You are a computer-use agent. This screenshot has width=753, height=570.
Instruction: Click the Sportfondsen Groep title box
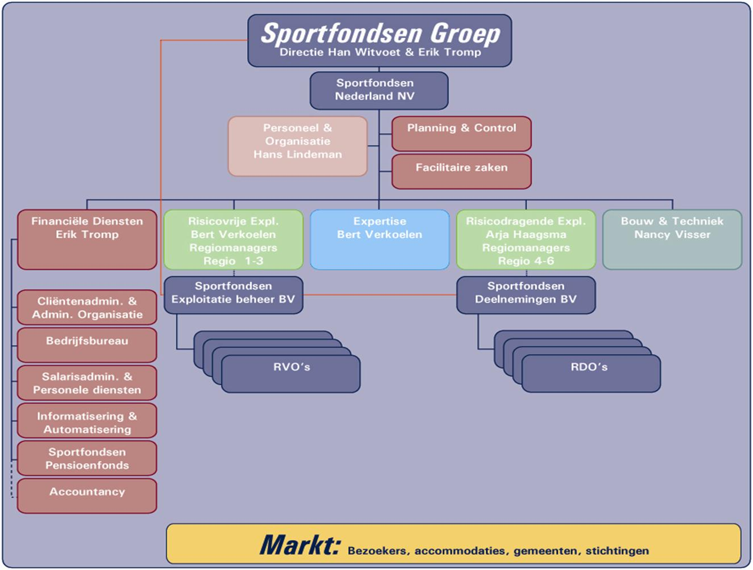point(380,40)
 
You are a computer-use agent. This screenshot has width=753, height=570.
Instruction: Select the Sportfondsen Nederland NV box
point(378,90)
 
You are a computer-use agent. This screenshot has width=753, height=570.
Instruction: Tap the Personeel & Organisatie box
point(298,146)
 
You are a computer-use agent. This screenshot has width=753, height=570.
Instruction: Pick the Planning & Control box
point(461,133)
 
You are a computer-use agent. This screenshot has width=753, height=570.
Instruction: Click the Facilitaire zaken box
point(461,171)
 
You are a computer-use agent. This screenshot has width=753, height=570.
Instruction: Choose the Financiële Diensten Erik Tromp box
point(87,239)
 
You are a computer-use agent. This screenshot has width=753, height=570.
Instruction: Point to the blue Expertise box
point(380,239)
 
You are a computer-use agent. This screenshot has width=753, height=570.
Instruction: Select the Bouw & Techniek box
point(672,239)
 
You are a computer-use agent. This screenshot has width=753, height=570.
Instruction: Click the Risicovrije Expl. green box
point(234,239)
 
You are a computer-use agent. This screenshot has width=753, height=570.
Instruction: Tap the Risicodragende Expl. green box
point(526,239)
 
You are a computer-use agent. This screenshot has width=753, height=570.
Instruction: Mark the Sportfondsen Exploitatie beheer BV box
point(234,295)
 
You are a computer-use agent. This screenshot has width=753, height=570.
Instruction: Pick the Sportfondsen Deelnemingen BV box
point(526,295)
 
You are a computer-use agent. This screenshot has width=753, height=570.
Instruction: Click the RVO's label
point(292,367)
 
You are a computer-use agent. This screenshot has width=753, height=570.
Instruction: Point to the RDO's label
point(589,367)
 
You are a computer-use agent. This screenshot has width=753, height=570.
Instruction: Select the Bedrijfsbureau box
point(87,345)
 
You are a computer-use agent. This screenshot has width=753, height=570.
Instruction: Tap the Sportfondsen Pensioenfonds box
point(87,458)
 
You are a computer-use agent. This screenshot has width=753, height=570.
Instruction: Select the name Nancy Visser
point(672,234)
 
